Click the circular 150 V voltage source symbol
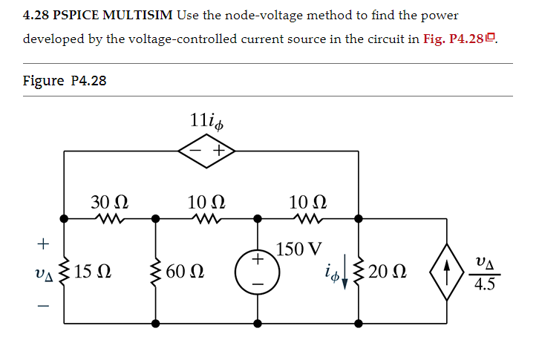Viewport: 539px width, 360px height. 258,271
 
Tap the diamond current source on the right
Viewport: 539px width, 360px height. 448,271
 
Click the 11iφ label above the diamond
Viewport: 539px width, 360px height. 206,119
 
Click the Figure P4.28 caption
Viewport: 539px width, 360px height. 65,80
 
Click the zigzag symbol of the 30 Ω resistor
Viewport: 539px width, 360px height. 109,219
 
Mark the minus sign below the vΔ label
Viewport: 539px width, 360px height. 44,304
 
